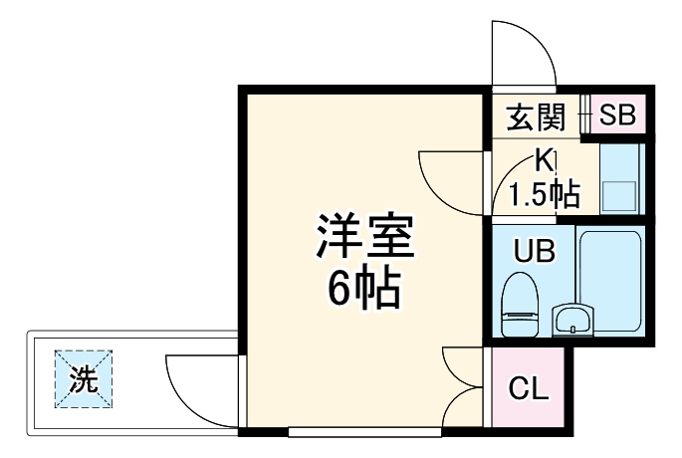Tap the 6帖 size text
pos(364,289)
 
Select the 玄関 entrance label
pos(537,117)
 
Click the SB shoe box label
pos(617,115)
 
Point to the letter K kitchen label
pos(544,158)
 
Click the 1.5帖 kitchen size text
pos(544,193)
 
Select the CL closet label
pos(528,389)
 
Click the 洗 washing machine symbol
pos(84,379)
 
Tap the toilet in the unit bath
pos(518,304)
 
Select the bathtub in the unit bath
pos(611,282)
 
